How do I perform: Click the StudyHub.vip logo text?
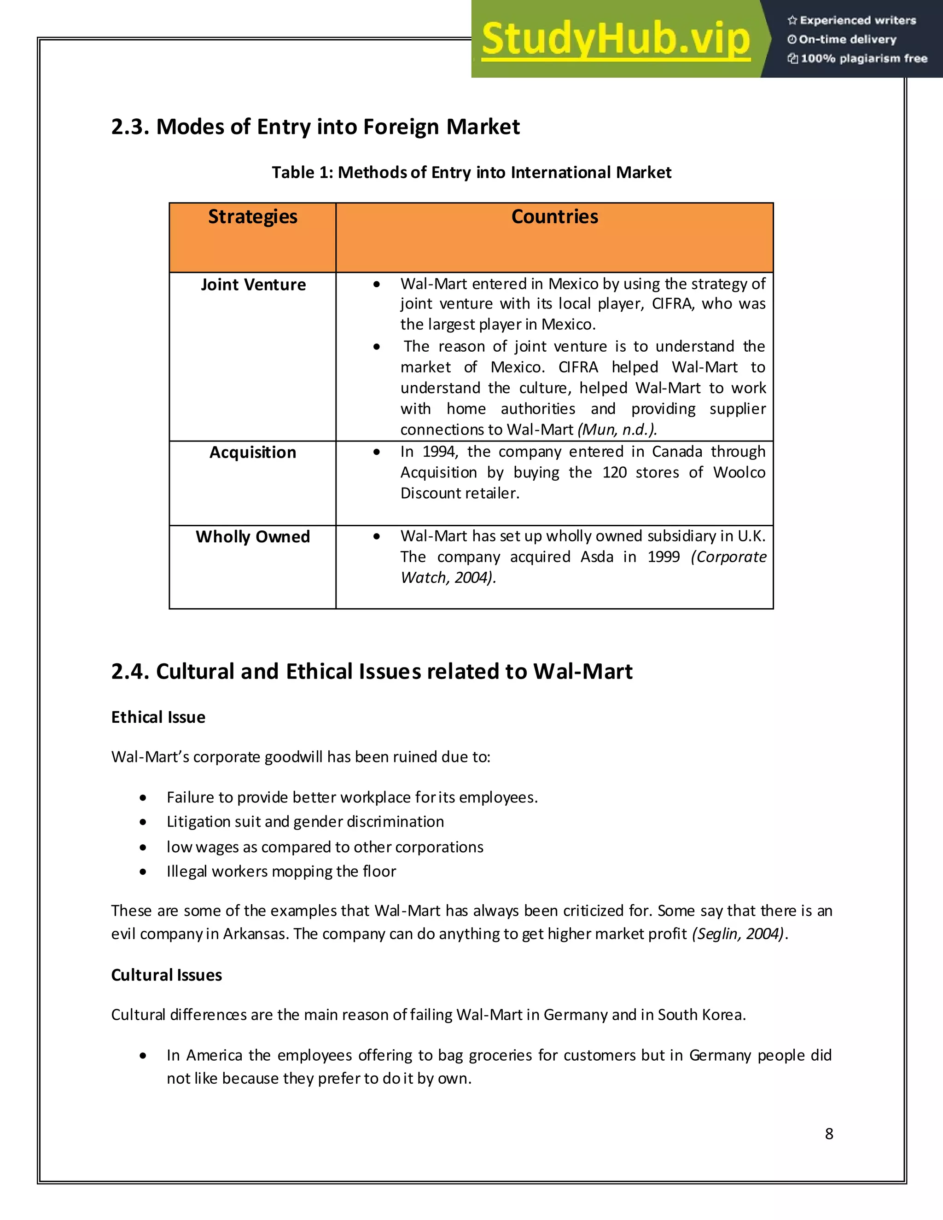click(x=615, y=39)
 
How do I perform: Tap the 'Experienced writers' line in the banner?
click(x=852, y=21)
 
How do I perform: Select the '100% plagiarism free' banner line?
click(x=857, y=58)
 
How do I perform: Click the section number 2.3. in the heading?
click(x=129, y=128)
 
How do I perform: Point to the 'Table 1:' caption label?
click(x=302, y=173)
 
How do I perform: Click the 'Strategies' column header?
click(x=252, y=217)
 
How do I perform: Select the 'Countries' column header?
click(x=554, y=217)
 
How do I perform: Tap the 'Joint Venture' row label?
click(x=253, y=285)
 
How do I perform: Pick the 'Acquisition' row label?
click(x=252, y=453)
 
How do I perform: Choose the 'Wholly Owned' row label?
click(x=252, y=537)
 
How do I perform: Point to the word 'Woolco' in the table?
click(x=739, y=473)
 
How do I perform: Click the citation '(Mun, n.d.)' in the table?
click(x=616, y=430)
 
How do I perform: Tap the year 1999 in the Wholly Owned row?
click(x=663, y=557)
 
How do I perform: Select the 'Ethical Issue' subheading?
click(x=158, y=717)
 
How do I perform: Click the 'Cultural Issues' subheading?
click(x=167, y=976)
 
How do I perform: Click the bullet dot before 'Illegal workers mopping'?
click(x=144, y=871)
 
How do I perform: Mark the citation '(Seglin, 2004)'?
click(x=738, y=934)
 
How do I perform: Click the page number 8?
click(x=828, y=1134)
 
